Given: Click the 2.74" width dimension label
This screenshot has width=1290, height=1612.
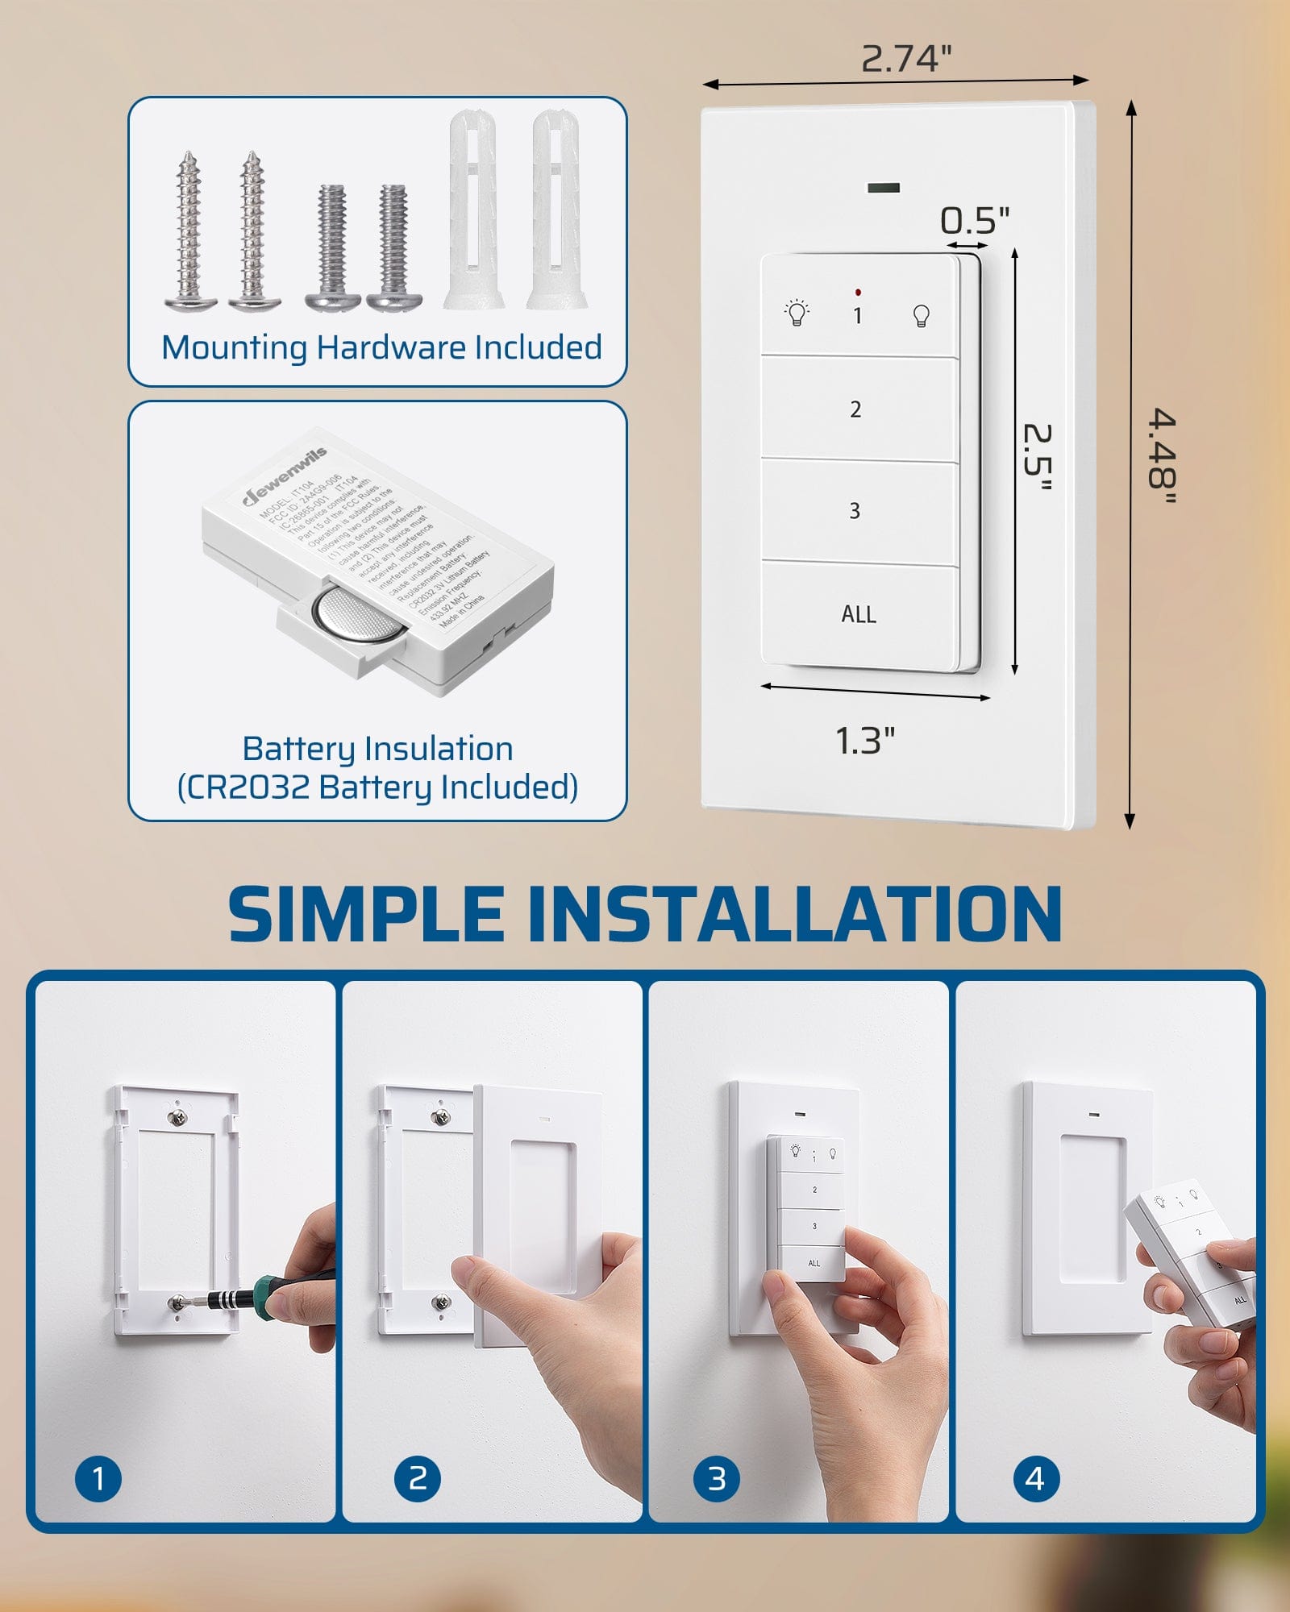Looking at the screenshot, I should click(905, 59).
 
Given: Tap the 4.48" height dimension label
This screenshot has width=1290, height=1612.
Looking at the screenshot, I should click(1162, 457).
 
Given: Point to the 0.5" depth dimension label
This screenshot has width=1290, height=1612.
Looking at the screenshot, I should click(974, 221).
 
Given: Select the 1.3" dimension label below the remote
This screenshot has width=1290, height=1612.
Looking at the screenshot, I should click(864, 741).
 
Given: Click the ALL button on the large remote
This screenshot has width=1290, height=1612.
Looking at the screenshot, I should click(858, 614).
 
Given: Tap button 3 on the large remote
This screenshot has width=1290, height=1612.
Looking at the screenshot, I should click(855, 510).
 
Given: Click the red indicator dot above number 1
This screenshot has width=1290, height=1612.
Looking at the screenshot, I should click(858, 292).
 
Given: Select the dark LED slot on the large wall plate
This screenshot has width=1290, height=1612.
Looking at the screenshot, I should click(884, 188).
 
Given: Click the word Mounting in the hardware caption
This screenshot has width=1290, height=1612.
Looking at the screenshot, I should click(234, 347).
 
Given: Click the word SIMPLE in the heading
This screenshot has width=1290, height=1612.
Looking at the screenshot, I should click(367, 914).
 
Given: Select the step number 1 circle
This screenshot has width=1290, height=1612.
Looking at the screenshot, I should click(98, 1478).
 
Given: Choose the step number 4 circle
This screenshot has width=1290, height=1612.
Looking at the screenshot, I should click(1035, 1478).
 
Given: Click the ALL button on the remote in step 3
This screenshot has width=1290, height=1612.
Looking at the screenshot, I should click(814, 1263).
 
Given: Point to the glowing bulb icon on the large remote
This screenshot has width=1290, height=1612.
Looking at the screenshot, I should click(797, 313).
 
